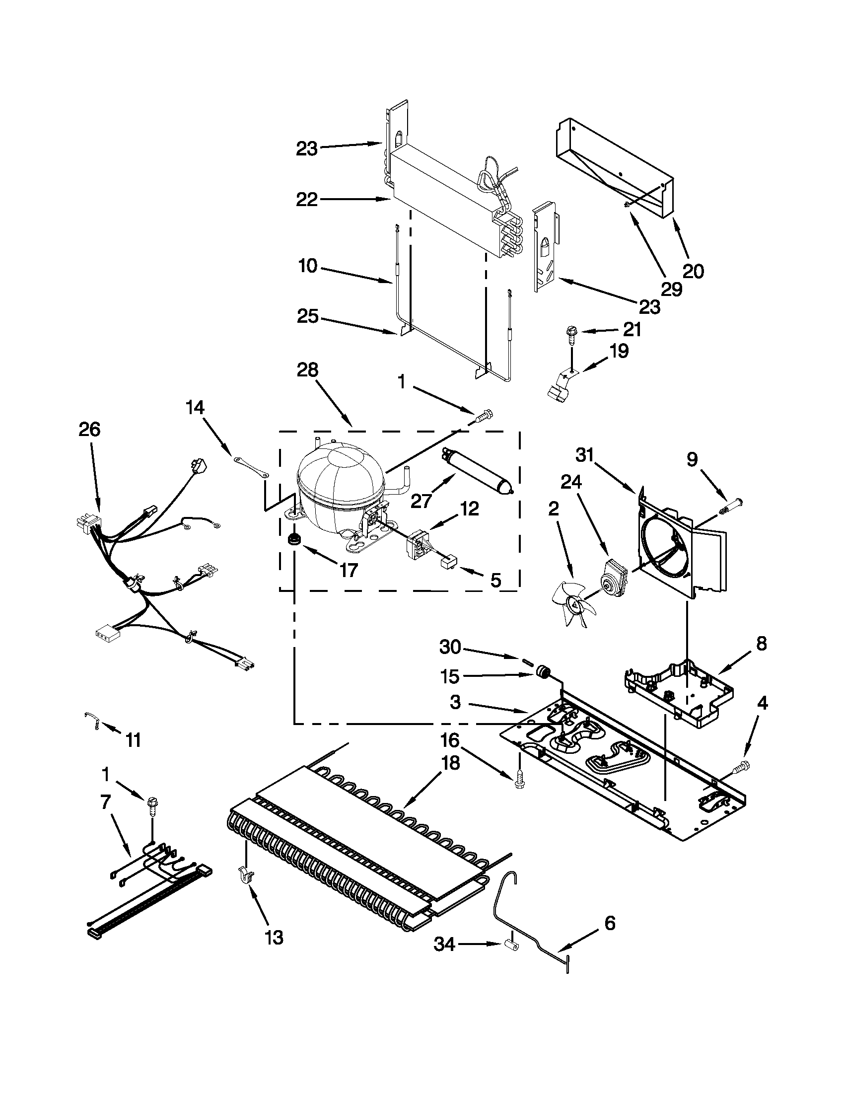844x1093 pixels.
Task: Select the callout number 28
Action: (x=307, y=370)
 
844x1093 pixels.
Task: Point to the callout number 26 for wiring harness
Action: (x=89, y=430)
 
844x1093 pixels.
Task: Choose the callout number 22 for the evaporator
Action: (x=307, y=200)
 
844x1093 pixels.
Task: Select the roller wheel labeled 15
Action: (x=541, y=670)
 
